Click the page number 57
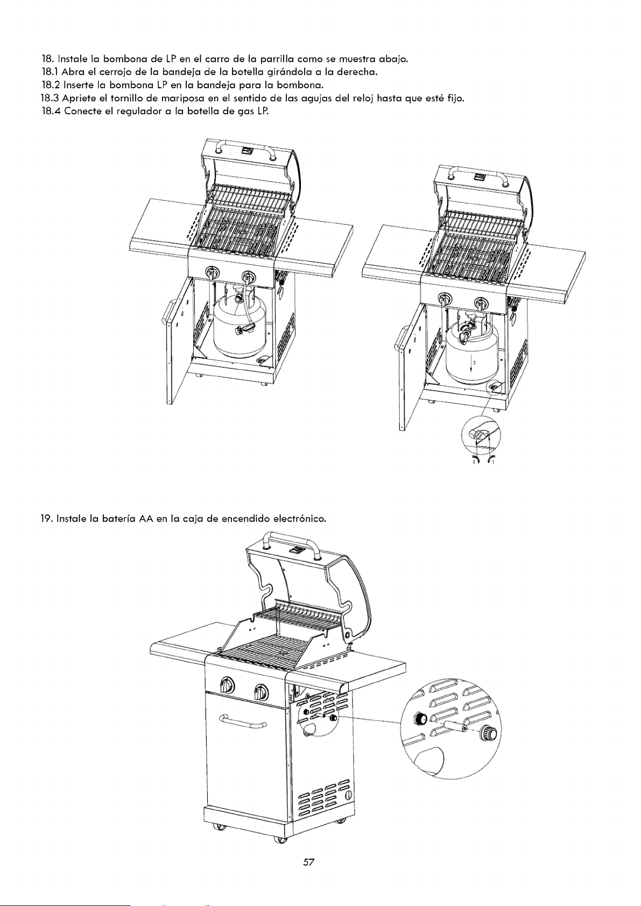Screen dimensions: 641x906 308,862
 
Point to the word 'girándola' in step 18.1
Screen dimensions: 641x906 288,72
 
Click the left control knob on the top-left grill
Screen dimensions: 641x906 210,273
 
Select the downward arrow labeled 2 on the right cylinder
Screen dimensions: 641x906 471,363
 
